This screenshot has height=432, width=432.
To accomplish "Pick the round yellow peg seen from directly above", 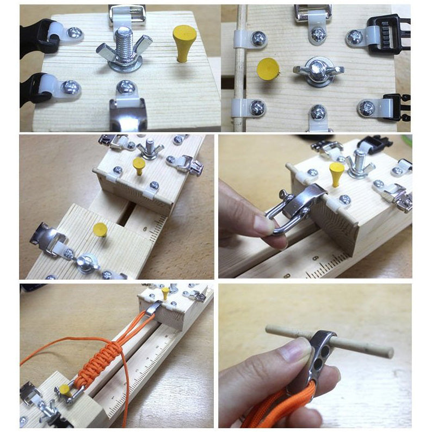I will click(268, 69).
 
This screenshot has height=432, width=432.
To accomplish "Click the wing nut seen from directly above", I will click(318, 70).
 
